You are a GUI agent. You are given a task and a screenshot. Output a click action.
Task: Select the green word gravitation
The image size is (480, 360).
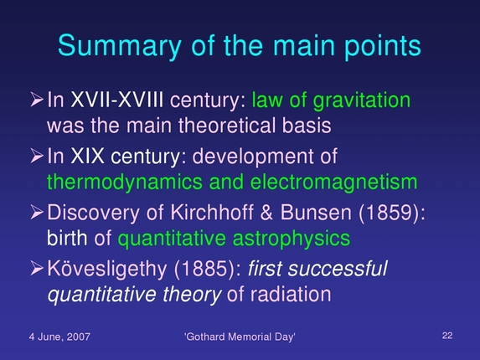pos(361,102)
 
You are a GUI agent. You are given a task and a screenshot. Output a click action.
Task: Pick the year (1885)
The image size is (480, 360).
pos(217,270)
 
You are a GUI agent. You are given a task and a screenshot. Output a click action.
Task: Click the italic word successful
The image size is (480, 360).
pos(345,270)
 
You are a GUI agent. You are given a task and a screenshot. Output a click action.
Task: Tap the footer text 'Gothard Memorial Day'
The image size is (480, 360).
pos(240,337)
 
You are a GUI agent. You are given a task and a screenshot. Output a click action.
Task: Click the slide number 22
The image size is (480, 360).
pos(446,336)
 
